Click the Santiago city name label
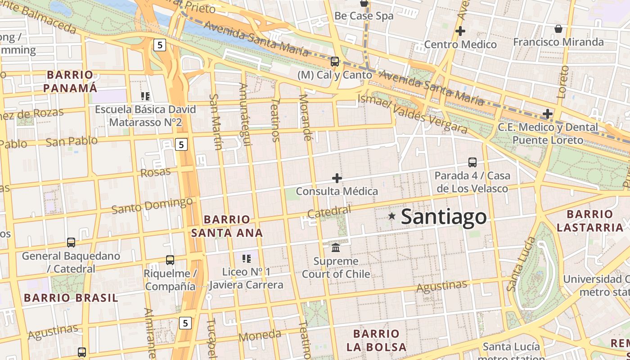click(443, 217)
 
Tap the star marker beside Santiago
click(392, 216)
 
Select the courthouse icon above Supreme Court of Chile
click(336, 247)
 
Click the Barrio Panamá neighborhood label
click(70, 81)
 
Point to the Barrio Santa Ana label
click(227, 226)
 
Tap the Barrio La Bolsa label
click(376, 340)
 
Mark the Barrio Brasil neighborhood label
click(71, 297)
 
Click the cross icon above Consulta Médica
click(337, 178)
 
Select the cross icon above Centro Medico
click(460, 31)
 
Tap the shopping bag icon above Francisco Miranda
click(558, 29)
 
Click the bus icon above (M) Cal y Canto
click(334, 62)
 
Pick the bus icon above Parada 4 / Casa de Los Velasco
click(472, 162)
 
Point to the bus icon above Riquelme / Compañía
click(170, 260)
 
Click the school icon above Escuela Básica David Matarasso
click(145, 96)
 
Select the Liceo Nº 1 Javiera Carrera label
click(246, 278)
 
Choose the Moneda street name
click(260, 335)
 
